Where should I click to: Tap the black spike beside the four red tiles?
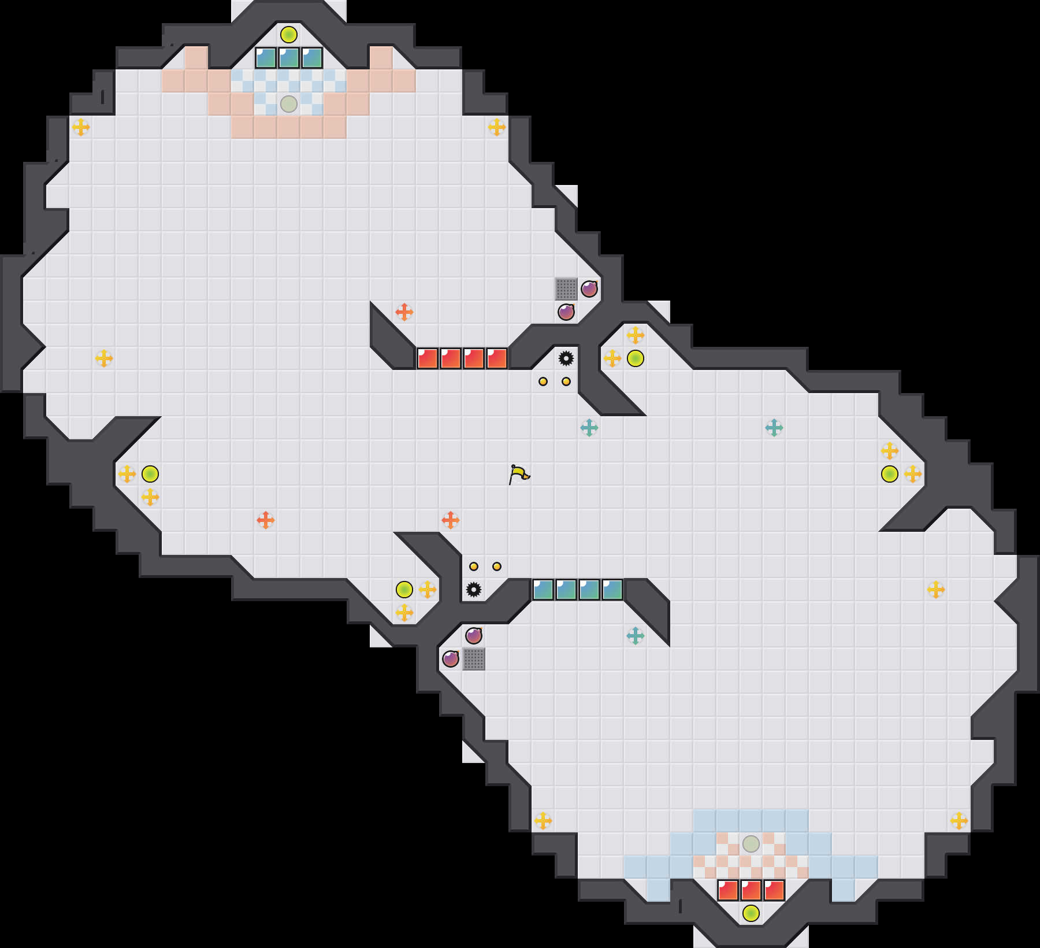coord(566,358)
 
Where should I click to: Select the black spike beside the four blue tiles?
coord(474,590)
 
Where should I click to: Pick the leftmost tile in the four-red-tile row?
coord(428,358)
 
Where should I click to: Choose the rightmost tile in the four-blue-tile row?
coord(612,590)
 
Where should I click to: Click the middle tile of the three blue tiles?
coord(289,58)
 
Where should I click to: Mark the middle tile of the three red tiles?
coord(751,890)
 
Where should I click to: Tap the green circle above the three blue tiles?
coord(289,35)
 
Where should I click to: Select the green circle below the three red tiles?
coord(751,913)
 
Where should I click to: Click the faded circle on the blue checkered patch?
coord(289,104)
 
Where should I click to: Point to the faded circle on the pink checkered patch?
coord(751,844)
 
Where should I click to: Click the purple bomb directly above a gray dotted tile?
coord(474,636)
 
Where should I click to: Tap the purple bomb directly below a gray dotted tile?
coord(566,312)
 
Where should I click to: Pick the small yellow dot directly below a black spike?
coord(566,382)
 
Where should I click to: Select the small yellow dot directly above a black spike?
coord(474,566)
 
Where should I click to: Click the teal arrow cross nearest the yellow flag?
coord(589,428)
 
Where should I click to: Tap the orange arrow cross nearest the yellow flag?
coord(451,520)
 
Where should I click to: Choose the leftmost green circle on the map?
coord(150,474)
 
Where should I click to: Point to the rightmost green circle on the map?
coord(890,474)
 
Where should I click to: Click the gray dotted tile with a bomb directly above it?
coord(474,659)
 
